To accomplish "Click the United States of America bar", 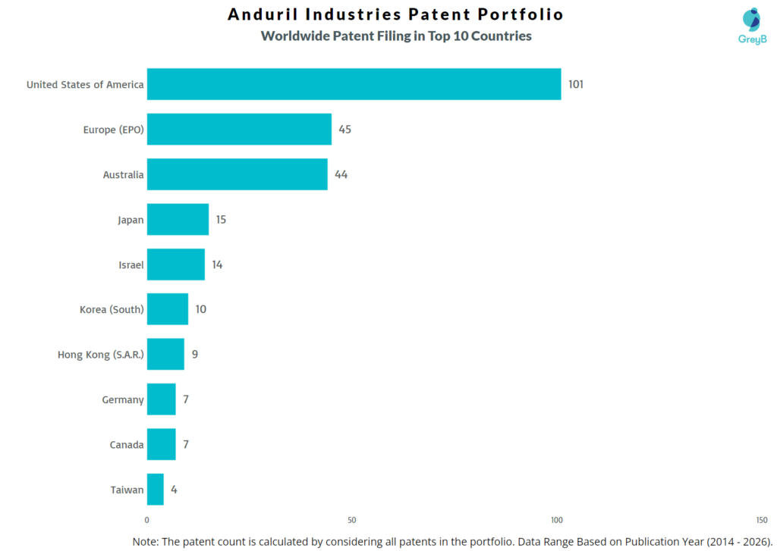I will [x=354, y=84].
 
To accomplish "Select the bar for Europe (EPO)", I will [x=239, y=129].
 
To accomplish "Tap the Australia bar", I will [x=237, y=174].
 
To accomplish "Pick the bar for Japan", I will [x=178, y=219].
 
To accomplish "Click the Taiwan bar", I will [x=155, y=490].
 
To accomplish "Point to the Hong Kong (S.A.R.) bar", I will [x=165, y=354].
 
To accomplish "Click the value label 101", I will [x=576, y=84].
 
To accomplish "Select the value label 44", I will [x=341, y=174].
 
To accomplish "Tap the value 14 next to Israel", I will [x=217, y=265].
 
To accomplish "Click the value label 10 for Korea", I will [x=200, y=309].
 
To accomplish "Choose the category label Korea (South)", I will [x=112, y=309].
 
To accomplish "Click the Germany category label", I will [x=123, y=399].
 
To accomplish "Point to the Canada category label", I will [x=127, y=445].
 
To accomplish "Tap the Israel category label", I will [x=131, y=265].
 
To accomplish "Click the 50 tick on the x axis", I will [x=351, y=520].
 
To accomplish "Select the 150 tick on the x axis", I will [x=761, y=520].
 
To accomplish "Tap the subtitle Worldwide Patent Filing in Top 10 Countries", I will [x=395, y=36].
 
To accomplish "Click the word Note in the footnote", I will [x=146, y=541].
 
